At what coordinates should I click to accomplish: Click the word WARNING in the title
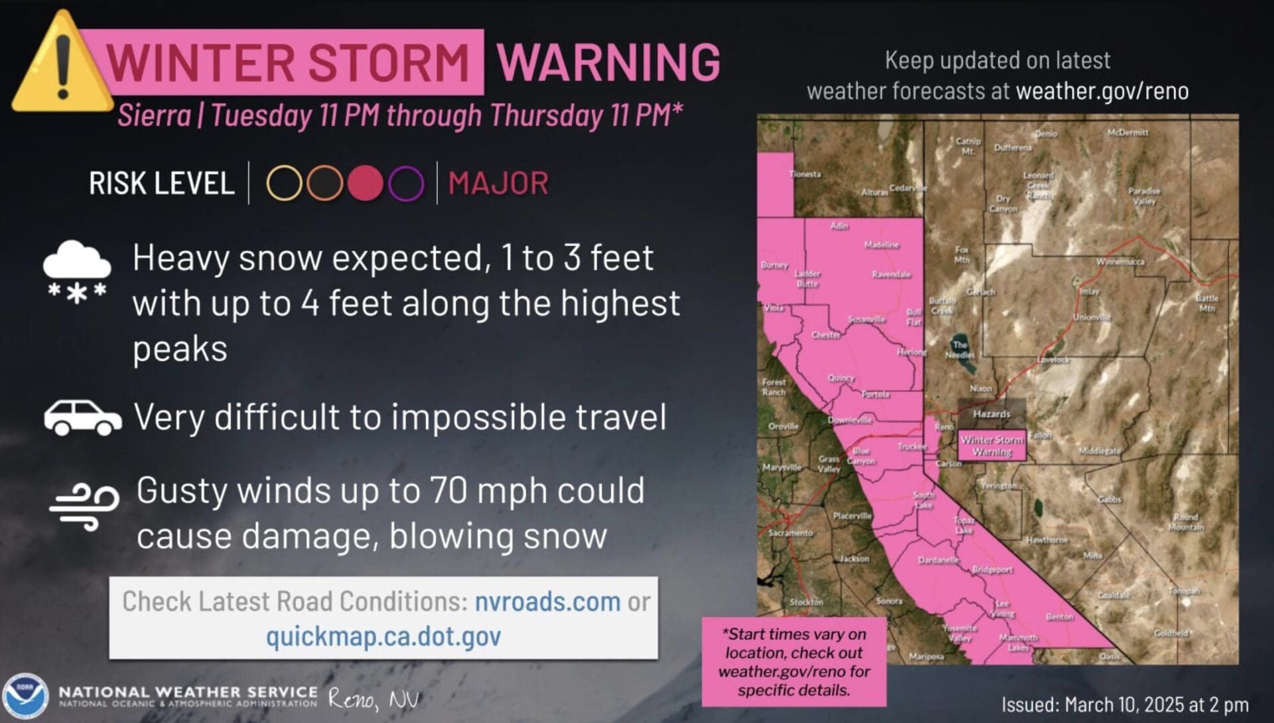[x=608, y=62]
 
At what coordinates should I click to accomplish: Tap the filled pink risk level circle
[x=366, y=183]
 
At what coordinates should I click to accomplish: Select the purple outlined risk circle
[x=406, y=183]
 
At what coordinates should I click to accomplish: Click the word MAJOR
[x=498, y=184]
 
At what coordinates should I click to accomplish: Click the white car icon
[x=83, y=417]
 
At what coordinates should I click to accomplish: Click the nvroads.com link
[x=547, y=602]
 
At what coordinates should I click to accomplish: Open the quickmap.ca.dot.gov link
[x=383, y=636]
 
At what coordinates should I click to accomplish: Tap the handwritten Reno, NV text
[x=373, y=699]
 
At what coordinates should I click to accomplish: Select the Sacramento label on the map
[x=790, y=533]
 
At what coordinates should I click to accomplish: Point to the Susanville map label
[x=866, y=319]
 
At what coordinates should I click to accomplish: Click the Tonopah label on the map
[x=1184, y=590]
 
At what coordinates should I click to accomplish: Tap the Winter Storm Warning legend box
[x=992, y=445]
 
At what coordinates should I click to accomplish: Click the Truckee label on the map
[x=911, y=446]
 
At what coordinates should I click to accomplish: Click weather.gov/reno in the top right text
[x=1101, y=91]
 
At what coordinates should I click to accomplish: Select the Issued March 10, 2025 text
[x=1124, y=704]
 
